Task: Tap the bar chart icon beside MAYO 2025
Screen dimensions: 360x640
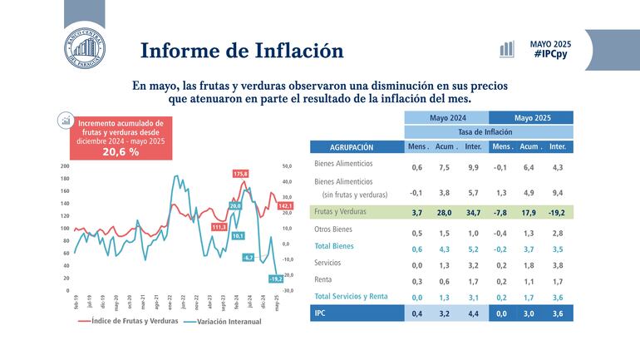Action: (506, 49)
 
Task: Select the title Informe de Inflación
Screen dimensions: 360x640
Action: (242, 50)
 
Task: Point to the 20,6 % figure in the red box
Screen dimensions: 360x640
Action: (121, 152)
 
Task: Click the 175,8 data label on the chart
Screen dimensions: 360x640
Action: (241, 173)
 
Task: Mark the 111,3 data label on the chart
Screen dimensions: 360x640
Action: (219, 226)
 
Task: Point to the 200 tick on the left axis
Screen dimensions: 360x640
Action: (65, 166)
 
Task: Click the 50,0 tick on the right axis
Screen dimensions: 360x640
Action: (288, 166)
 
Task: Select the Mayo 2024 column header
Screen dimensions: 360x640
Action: (446, 118)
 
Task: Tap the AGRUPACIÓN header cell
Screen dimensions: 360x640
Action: (346, 147)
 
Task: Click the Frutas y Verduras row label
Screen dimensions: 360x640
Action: (344, 213)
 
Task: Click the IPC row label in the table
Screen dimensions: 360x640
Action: (320, 314)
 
